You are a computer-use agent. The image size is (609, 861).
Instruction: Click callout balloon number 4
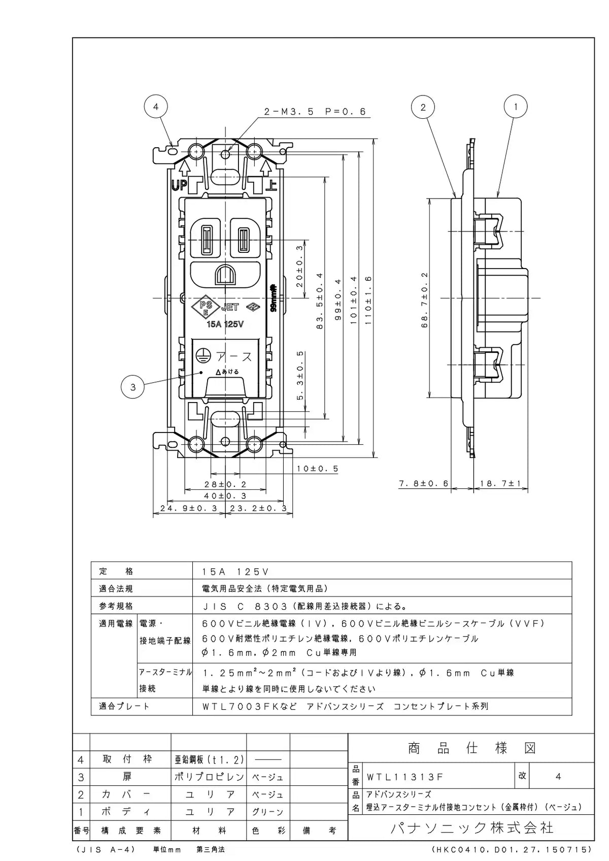tap(156, 107)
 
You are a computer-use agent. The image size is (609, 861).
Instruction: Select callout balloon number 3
tap(133, 387)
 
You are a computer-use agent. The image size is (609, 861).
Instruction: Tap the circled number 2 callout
tap(423, 107)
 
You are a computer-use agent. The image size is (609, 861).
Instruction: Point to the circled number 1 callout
tap(516, 107)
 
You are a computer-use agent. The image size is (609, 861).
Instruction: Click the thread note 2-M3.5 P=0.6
tap(315, 112)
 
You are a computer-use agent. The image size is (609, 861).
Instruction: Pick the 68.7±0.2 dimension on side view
tap(424, 300)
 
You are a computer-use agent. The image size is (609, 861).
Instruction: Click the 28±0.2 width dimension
tap(225, 485)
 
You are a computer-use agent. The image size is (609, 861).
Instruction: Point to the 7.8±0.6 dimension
tap(424, 483)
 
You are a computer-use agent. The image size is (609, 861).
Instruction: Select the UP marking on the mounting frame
tap(179, 186)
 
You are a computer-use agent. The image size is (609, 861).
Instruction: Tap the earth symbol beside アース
tap(202, 356)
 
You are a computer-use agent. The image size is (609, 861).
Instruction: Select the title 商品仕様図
tap(472, 748)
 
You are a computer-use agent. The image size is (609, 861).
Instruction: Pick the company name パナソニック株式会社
tap(472, 827)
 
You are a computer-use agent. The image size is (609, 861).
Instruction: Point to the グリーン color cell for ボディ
tap(268, 812)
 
